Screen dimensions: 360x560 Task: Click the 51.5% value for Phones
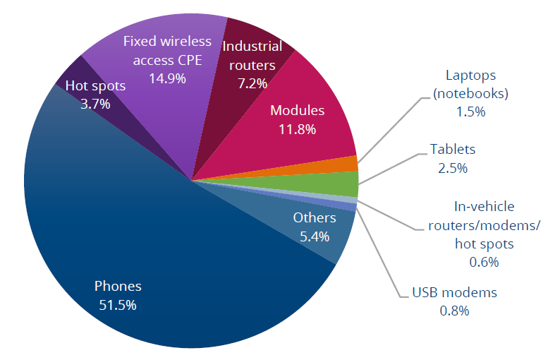tap(118, 305)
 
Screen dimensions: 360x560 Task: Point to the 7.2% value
tap(252, 83)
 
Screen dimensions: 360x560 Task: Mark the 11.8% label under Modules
tap(297, 129)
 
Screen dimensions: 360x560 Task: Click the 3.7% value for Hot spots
tap(95, 104)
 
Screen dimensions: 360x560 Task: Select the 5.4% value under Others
tap(315, 236)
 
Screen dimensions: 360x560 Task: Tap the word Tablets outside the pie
tap(453, 150)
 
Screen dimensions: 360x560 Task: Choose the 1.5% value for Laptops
tap(470, 112)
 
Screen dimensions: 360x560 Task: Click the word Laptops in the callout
tap(472, 75)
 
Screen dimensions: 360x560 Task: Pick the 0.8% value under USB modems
tap(454, 311)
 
